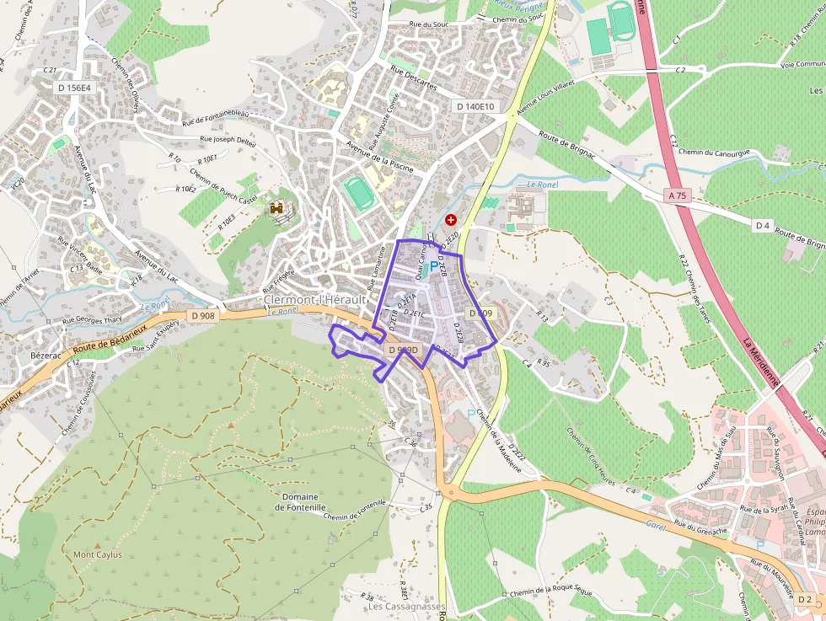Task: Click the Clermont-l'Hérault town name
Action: (x=314, y=300)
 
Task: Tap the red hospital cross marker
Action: (x=450, y=219)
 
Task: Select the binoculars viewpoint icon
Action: (x=276, y=207)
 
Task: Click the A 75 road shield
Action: (x=676, y=195)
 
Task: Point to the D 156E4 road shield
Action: (x=75, y=88)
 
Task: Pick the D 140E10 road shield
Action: (x=475, y=106)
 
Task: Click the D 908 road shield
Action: (x=203, y=315)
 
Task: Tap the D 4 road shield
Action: (x=762, y=225)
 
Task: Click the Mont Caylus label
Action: (x=98, y=554)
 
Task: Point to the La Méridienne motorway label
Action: (x=761, y=362)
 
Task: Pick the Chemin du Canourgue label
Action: (x=714, y=153)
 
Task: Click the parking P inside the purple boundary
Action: (x=435, y=267)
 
